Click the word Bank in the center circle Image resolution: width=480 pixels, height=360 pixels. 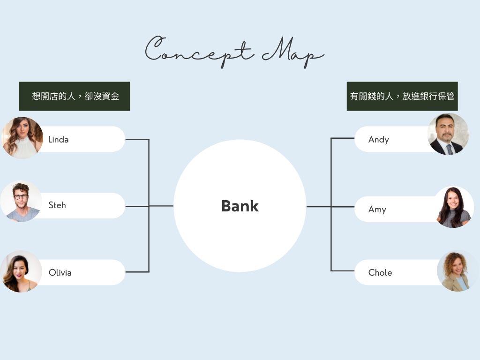pyautogui.click(x=240, y=206)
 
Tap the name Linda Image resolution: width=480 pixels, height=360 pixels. pyautogui.click(x=59, y=140)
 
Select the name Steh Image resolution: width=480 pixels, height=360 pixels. pyautogui.click(x=57, y=205)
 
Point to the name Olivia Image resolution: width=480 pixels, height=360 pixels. pyautogui.click(x=60, y=272)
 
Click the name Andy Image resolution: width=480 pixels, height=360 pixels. pyautogui.click(x=379, y=140)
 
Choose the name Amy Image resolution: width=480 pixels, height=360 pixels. pyautogui.click(x=377, y=210)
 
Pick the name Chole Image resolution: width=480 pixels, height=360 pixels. pyautogui.click(x=380, y=272)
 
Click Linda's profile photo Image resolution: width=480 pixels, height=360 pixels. pyautogui.click(x=22, y=138)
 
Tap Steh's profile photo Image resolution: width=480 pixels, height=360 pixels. pyautogui.click(x=21, y=202)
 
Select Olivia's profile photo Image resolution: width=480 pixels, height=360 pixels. pyautogui.click(x=21, y=271)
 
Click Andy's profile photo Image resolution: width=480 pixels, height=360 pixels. pyautogui.click(x=448, y=134)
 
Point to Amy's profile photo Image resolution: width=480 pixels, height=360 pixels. pyautogui.click(x=454, y=207)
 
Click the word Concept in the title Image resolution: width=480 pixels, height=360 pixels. pyautogui.click(x=199, y=51)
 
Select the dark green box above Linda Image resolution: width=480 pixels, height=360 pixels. pyautogui.click(x=75, y=96)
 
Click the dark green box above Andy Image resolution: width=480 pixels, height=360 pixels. pyautogui.click(x=402, y=96)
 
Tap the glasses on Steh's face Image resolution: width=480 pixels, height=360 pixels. pyautogui.click(x=21, y=197)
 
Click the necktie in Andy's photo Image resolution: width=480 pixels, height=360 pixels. pyautogui.click(x=450, y=150)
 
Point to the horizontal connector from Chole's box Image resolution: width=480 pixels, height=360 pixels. pyautogui.click(x=343, y=270)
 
